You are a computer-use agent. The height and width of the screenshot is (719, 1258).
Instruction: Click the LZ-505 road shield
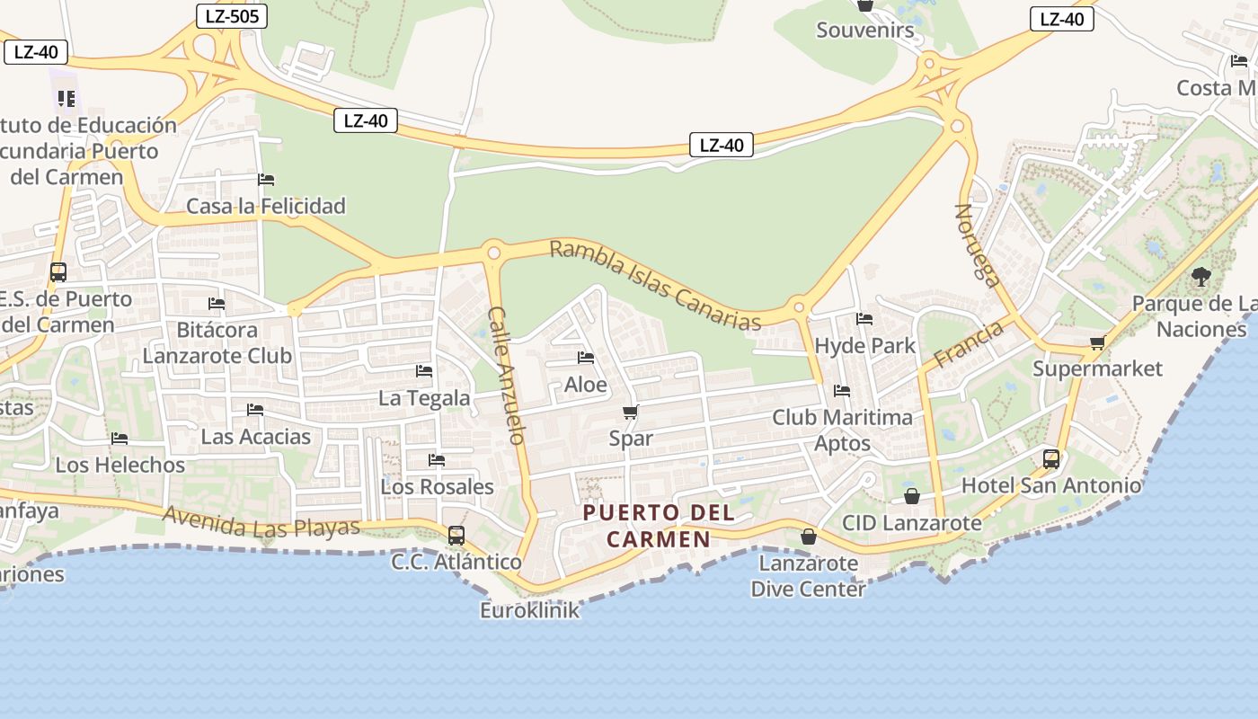click(x=231, y=15)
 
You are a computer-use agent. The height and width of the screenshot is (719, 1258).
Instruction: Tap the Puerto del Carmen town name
click(x=659, y=526)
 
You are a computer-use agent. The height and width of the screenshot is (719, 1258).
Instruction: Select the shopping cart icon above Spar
click(x=630, y=413)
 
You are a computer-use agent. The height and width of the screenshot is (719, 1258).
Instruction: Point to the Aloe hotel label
click(x=586, y=385)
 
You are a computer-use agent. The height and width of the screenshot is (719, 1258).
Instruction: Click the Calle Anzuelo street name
click(x=505, y=376)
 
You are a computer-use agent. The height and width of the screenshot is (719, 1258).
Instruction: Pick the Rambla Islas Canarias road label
click(x=655, y=284)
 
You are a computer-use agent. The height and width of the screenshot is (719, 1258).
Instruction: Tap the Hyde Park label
click(x=864, y=345)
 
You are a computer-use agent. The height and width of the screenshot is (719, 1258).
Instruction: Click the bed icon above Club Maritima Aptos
click(x=842, y=391)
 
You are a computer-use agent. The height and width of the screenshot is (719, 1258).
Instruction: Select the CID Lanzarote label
click(x=911, y=522)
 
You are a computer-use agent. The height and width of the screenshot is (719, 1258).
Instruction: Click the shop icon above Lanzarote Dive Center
click(x=809, y=537)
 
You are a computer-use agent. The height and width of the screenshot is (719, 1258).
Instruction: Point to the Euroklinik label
click(x=529, y=610)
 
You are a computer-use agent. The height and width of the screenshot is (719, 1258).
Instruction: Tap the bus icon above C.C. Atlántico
click(x=456, y=536)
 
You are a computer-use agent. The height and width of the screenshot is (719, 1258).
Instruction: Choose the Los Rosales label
click(x=438, y=486)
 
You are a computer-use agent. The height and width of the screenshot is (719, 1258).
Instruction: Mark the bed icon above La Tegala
click(x=424, y=371)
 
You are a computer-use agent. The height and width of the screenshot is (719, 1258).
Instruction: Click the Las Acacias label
click(x=256, y=437)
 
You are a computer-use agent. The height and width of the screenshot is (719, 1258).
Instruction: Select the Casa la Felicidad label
click(x=266, y=206)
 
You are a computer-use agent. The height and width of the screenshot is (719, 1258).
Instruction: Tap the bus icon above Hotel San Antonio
click(x=1050, y=459)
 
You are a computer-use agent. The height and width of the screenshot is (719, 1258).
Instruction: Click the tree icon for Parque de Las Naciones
click(x=1200, y=277)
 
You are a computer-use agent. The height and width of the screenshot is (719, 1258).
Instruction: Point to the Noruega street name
click(x=977, y=245)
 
